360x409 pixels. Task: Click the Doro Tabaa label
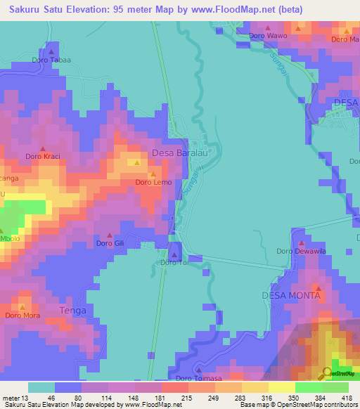coord(51,60)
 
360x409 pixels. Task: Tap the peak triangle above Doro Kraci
coord(42,148)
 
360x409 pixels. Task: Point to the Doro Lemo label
coord(153,183)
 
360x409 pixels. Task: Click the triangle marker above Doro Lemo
coord(153,174)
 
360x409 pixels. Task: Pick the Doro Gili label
coord(110,244)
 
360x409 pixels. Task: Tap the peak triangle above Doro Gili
coord(109,235)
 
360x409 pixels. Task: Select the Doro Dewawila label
coord(300,251)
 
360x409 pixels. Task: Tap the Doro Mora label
coord(22,316)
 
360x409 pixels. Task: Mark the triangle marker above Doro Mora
coord(22,307)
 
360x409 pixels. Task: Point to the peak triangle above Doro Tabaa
coord(51,51)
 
